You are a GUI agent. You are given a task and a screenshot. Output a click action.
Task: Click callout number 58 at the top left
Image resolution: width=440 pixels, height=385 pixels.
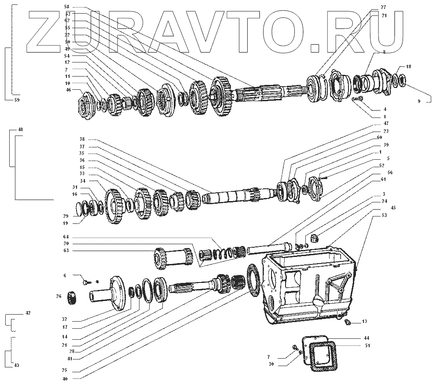tap(66, 7)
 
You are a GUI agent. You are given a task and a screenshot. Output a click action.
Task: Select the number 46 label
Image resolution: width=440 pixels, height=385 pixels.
tap(68, 90)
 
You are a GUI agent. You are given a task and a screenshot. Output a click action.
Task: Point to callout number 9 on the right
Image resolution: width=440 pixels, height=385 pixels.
tap(419, 101)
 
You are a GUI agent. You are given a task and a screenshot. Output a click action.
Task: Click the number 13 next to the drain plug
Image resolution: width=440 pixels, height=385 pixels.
tap(364, 322)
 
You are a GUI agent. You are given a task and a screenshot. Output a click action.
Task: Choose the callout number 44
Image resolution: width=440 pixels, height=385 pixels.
tap(367, 338)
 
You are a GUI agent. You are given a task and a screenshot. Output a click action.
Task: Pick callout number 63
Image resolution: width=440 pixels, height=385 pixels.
tap(67, 250)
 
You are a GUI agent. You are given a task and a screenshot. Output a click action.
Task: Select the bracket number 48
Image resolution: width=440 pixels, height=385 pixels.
tap(20, 130)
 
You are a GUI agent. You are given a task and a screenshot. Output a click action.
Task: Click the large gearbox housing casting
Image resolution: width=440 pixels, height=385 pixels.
tap(308, 286)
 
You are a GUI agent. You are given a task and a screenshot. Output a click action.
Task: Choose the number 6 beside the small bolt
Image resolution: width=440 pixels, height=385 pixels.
tap(65, 275)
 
